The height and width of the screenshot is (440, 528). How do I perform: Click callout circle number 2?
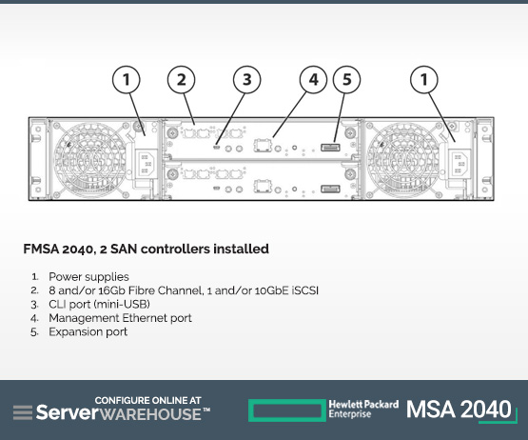181,80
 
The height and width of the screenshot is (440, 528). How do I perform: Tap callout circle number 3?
246,80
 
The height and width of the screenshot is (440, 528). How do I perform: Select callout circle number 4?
313,80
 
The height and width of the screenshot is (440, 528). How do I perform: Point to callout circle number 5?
346,80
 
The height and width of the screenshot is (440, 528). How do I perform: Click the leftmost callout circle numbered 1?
126,80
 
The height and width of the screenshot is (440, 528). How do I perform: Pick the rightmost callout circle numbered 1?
424,80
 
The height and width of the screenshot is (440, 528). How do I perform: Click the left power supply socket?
147,163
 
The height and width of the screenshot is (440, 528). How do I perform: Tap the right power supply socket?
460,163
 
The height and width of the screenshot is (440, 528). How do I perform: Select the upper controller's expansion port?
330,148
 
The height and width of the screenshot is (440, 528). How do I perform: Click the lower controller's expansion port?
330,189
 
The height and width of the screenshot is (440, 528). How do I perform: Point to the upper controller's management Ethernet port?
263,145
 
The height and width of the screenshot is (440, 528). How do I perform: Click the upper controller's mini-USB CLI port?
217,147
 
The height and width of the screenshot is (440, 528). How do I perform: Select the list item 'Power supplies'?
88,277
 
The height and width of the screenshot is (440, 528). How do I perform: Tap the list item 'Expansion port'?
88,332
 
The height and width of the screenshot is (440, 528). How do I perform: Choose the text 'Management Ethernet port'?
120,318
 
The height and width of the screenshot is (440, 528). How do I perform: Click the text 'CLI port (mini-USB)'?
99,304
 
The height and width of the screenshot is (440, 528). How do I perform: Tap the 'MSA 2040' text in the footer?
459,410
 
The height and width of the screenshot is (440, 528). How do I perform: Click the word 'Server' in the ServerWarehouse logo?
68,412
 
